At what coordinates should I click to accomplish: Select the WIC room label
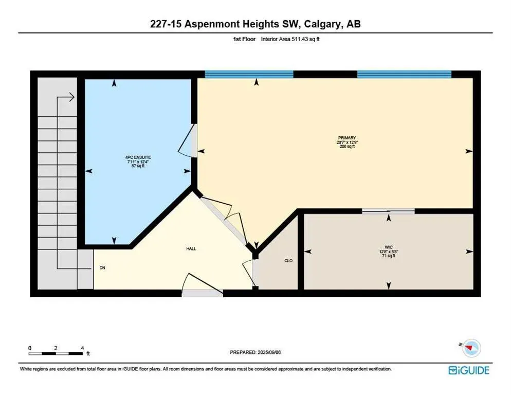pos(388,247)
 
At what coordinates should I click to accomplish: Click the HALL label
pos(191,249)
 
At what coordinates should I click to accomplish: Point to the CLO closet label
pos(288,261)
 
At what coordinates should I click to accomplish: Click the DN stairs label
pos(102,268)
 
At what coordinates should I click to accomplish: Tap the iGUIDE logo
pos(468,370)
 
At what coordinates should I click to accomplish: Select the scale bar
pos(56,353)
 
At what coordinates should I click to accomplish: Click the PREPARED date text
pos(255,352)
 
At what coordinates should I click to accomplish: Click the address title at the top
pos(255,24)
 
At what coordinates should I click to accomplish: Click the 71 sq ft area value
pos(388,256)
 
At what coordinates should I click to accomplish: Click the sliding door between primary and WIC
pos(388,211)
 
